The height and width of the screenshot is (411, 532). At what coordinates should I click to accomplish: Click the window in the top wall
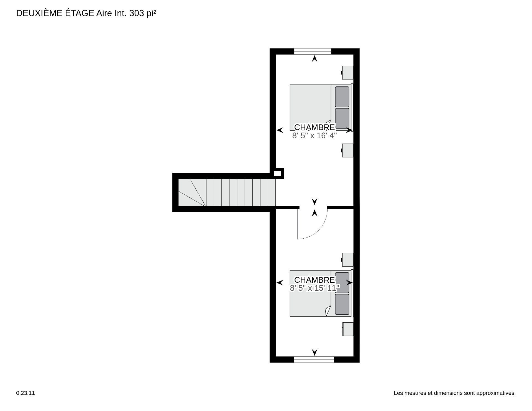tap(313, 51)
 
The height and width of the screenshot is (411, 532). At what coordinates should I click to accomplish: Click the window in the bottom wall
tap(314, 359)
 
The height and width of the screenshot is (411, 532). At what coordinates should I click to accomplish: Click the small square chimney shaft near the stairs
tap(277, 173)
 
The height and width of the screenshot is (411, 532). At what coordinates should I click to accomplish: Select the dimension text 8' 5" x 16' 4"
tap(314, 136)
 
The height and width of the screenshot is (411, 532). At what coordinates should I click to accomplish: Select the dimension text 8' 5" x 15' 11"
tap(315, 288)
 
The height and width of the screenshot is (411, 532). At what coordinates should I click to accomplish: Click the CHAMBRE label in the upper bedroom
tap(314, 127)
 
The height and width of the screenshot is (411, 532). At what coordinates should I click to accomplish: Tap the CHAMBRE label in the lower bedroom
tap(314, 280)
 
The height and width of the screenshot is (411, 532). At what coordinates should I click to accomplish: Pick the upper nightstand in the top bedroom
tap(347, 72)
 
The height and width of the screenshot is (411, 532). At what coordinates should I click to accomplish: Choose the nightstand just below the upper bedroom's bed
tap(347, 150)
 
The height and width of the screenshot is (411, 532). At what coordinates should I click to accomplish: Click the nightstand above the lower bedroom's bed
tap(347, 259)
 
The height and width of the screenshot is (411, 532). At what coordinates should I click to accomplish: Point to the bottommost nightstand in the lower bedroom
tap(347, 329)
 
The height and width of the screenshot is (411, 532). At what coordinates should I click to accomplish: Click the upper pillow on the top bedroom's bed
tap(342, 97)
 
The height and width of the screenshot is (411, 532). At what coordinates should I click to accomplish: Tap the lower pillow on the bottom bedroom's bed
tap(342, 304)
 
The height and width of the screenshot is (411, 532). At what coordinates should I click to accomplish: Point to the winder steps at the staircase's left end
tap(192, 192)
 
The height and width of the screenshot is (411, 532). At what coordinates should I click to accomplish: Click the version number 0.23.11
tap(25, 393)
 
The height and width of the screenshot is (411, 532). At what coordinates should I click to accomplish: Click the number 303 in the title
tap(137, 13)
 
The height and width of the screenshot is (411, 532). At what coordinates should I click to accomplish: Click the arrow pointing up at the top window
tap(314, 59)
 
